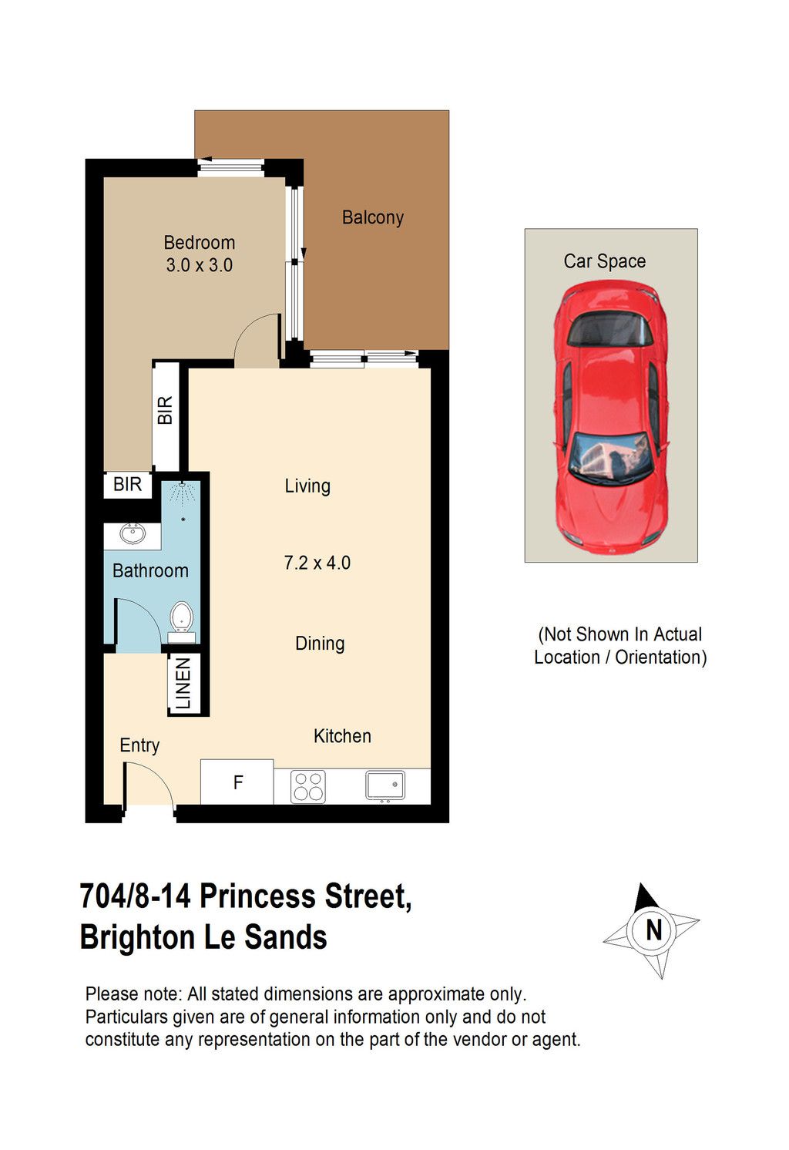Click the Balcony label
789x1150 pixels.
click(x=373, y=217)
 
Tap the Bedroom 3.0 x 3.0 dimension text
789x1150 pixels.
click(x=199, y=265)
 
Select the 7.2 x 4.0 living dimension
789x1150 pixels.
click(x=317, y=563)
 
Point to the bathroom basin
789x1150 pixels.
click(x=133, y=534)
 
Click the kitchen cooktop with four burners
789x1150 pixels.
click(x=308, y=786)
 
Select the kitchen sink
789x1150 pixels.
click(x=385, y=785)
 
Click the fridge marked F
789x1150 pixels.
click(x=237, y=782)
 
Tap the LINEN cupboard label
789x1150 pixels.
click(x=183, y=684)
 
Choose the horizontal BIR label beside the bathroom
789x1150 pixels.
click(x=127, y=484)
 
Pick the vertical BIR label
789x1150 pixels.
click(x=166, y=410)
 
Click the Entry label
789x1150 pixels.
click(x=139, y=745)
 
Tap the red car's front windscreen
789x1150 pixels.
click(x=611, y=459)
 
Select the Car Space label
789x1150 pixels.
click(x=605, y=261)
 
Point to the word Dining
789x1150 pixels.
click(x=320, y=644)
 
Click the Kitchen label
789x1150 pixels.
click(x=342, y=736)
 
